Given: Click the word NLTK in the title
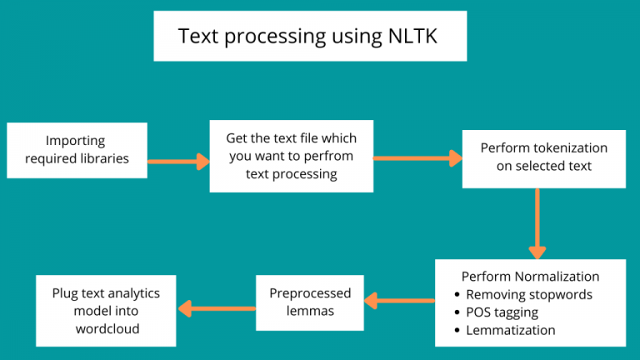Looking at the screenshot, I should [x=412, y=36].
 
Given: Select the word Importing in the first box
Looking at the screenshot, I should [x=76, y=141].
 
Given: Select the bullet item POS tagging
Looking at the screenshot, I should [x=502, y=312].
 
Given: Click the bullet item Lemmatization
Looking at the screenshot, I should [x=510, y=329].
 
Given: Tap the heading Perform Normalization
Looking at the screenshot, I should [x=530, y=276].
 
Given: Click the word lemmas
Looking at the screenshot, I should [x=310, y=311].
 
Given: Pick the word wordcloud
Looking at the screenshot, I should [x=106, y=328].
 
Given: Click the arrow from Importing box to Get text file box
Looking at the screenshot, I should [x=178, y=161].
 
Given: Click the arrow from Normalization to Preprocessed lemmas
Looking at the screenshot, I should [x=399, y=299].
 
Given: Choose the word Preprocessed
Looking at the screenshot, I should [x=310, y=293].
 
